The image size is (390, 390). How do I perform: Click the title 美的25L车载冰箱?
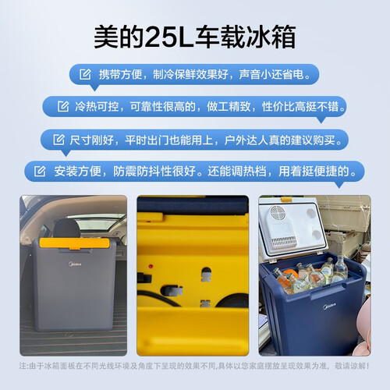(x=195, y=37)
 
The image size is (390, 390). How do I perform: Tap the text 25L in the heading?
(x=168, y=37)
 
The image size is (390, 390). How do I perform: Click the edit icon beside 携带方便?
(x=85, y=74)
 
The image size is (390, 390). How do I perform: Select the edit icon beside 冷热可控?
(x=63, y=106)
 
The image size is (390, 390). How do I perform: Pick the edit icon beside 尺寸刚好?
(x=58, y=140)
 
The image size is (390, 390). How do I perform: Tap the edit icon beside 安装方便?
(x=40, y=171)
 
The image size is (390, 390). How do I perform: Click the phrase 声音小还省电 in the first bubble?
(x=271, y=75)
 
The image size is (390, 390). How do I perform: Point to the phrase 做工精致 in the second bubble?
(x=229, y=107)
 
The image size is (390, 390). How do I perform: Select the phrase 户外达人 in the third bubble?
(x=246, y=140)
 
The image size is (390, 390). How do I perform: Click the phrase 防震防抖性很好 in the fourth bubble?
(x=154, y=172)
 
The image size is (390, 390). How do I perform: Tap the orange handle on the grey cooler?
(x=74, y=243)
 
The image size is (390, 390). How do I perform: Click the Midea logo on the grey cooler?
(x=75, y=264)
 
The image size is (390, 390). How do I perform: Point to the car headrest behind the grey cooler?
(x=66, y=228)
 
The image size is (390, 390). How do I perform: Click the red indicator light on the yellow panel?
(x=151, y=267)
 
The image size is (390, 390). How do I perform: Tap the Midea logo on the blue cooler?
(x=329, y=306)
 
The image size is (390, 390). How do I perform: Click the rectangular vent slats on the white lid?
(x=284, y=242)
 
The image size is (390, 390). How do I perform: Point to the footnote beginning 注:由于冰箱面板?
(x=194, y=366)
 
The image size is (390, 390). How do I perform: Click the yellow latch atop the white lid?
(x=287, y=199)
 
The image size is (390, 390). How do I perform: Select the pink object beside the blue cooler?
(x=364, y=326)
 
